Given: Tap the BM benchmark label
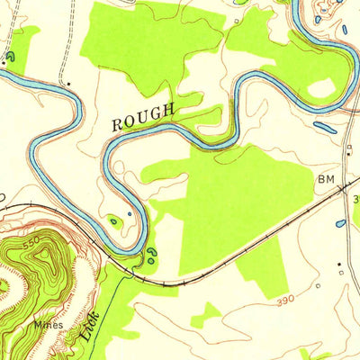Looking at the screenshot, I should click(x=325, y=180).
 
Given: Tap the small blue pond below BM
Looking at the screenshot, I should click(x=340, y=222).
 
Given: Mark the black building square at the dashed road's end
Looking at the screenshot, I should click(x=70, y=84).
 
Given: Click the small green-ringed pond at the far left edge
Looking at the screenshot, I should click(x=8, y=57).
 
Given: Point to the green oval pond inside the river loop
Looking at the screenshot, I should click(x=114, y=220).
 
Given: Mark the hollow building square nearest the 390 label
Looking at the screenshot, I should click(x=319, y=286).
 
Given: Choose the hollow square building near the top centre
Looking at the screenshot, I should click(x=236, y=19).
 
